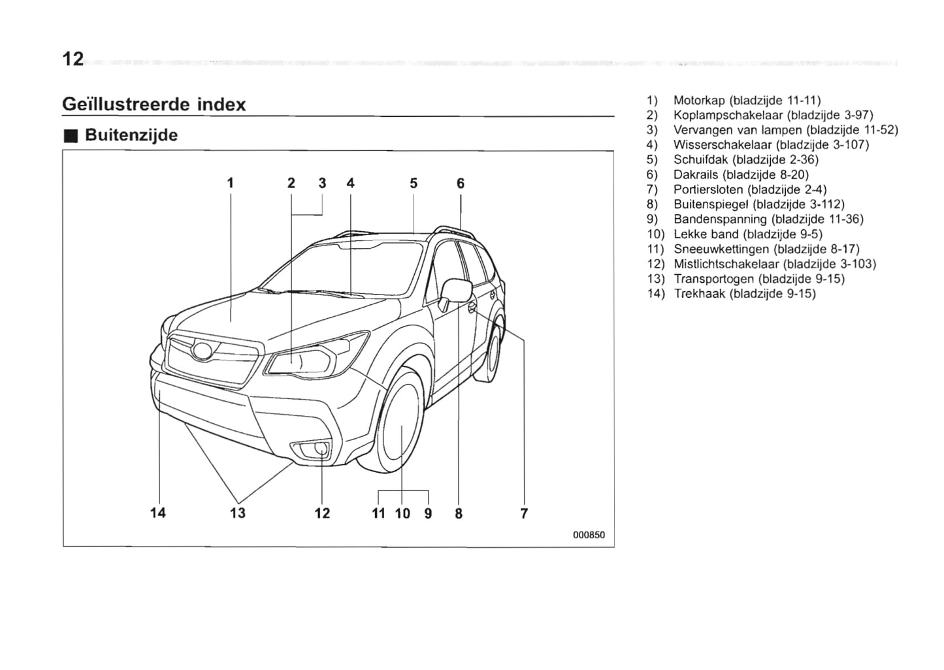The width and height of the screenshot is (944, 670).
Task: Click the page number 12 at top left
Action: [73, 59]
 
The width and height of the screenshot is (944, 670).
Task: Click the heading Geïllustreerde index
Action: [154, 104]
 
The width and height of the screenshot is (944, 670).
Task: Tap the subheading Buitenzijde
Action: [131, 135]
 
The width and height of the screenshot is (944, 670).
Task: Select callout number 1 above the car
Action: [230, 183]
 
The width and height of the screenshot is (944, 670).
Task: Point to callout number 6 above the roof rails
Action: [461, 183]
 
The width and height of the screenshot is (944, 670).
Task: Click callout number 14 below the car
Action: [158, 513]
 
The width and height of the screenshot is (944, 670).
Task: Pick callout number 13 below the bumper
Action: [238, 513]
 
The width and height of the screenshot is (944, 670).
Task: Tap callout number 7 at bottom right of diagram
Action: [524, 514]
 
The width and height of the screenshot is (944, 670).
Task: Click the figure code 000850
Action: [589, 535]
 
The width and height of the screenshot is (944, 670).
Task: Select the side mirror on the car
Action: [457, 291]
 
